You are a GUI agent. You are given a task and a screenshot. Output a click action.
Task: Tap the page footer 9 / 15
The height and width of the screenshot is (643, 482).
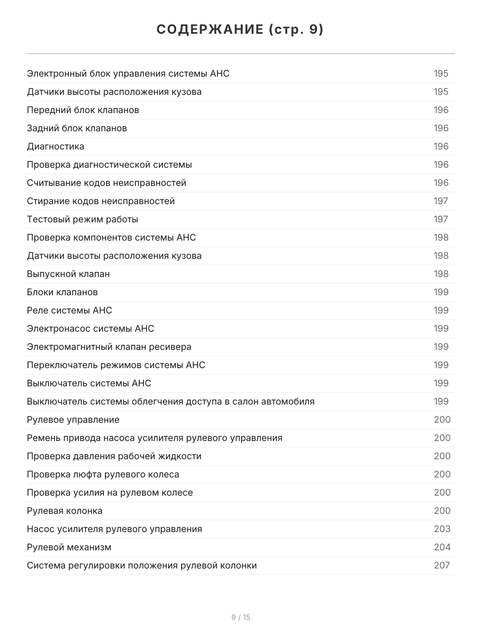point(240,617)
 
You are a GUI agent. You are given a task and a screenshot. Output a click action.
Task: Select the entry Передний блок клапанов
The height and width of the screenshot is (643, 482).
point(83,110)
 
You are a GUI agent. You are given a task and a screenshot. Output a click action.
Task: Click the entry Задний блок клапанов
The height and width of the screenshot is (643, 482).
point(77,128)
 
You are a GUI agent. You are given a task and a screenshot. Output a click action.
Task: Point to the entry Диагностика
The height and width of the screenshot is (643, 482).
point(55,146)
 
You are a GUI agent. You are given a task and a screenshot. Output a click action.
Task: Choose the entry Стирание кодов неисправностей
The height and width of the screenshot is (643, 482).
point(101,201)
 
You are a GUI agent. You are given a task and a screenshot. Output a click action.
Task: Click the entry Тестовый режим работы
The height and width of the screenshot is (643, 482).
point(82,219)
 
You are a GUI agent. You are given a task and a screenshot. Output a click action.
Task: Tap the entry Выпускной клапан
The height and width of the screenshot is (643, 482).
point(68,274)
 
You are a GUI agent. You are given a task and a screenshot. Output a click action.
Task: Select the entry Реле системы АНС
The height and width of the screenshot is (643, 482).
point(70,310)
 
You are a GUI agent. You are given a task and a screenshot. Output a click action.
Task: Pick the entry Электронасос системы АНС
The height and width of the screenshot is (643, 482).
point(91,328)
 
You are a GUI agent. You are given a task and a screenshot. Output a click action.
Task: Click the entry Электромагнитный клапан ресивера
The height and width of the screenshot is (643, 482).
point(109,347)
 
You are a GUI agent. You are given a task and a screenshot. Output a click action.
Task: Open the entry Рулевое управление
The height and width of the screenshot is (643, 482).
point(73,420)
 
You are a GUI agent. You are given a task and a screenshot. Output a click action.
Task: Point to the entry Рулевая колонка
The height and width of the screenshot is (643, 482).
point(64,511)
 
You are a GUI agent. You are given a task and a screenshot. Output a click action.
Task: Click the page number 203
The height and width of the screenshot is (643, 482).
point(442,529)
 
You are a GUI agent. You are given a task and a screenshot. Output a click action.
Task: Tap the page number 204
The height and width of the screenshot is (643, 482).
point(442,547)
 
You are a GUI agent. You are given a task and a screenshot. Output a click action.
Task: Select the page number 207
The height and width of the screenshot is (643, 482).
point(442,565)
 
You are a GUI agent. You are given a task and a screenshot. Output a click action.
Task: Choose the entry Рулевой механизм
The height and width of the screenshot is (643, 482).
point(69,547)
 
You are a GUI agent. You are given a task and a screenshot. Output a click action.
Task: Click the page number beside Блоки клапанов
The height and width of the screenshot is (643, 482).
point(441,292)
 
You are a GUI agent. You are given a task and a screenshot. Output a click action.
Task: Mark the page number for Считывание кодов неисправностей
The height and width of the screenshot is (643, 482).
point(441,183)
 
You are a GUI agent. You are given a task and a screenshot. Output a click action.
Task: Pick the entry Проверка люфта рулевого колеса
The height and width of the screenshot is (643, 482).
point(103,474)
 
